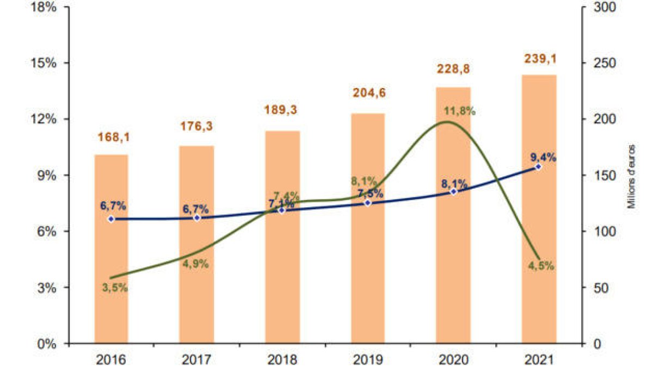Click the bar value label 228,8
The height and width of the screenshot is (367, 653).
pyautogui.click(x=453, y=70)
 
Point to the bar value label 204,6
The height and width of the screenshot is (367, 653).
pyautogui.click(x=368, y=92)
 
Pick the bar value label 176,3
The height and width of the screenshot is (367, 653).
pyautogui.click(x=197, y=126)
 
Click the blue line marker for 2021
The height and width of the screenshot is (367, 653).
pyautogui.click(x=539, y=167)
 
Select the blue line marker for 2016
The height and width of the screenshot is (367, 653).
pyautogui.click(x=111, y=219)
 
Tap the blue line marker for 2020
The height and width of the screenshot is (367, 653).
pyautogui.click(x=453, y=192)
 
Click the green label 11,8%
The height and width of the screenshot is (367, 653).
pyautogui.click(x=460, y=111)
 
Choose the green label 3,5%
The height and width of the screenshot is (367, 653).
pyautogui.click(x=115, y=288)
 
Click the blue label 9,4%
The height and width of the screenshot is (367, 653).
pyautogui.click(x=543, y=157)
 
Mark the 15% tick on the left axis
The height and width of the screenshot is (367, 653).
pyautogui.click(x=43, y=63)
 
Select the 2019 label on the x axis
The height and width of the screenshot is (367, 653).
pyautogui.click(x=368, y=359)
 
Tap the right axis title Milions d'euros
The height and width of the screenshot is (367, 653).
pyautogui.click(x=632, y=177)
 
